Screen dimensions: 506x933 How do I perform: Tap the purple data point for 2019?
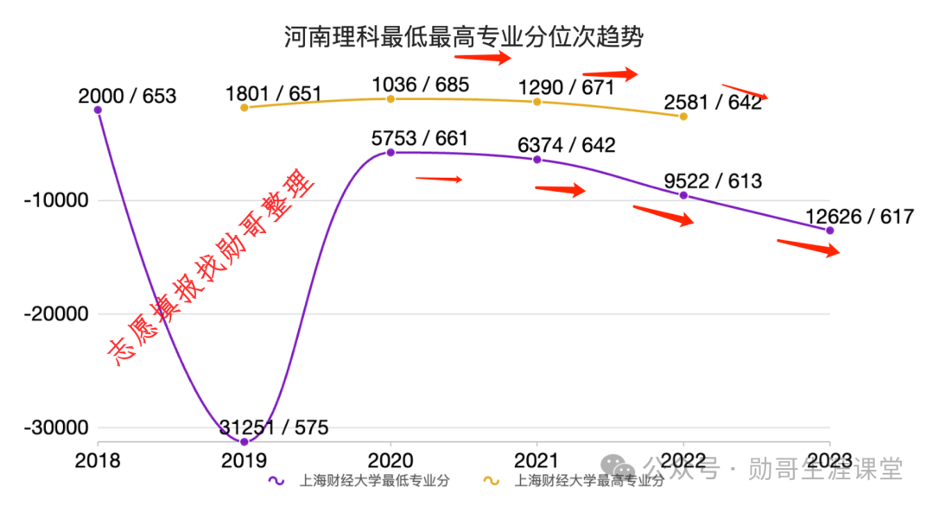pyautogui.click(x=244, y=442)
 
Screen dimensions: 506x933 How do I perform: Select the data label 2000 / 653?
pyautogui.click(x=126, y=96)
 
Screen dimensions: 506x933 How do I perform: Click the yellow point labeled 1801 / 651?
pyautogui.click(x=244, y=107)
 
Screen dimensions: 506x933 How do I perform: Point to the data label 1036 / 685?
pyautogui.click(x=420, y=85)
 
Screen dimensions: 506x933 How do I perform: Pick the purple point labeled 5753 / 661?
pyautogui.click(x=390, y=152)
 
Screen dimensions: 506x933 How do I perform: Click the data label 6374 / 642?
pyautogui.click(x=566, y=146)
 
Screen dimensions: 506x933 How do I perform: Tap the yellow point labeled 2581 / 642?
pyautogui.click(x=683, y=116)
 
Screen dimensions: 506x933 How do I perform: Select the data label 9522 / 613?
pyautogui.click(x=713, y=181)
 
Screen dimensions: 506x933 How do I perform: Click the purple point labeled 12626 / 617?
pyautogui.click(x=830, y=231)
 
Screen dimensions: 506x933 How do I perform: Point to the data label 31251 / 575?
pyautogui.click(x=273, y=427)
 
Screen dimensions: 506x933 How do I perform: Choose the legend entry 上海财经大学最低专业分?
pyautogui.click(x=362, y=480)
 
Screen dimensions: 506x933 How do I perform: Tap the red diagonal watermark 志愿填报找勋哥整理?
pyautogui.click(x=212, y=271)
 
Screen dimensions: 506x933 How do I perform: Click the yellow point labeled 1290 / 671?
pyautogui.click(x=536, y=102)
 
